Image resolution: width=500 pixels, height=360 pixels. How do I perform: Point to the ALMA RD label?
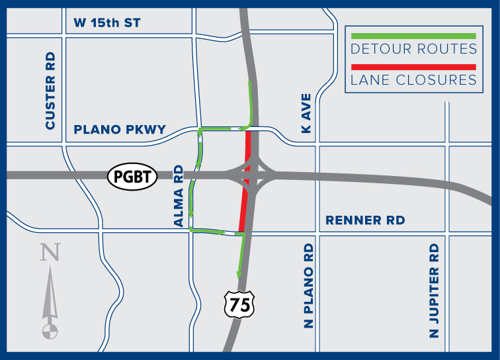coord(179,197)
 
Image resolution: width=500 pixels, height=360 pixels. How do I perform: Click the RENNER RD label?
coord(365,220)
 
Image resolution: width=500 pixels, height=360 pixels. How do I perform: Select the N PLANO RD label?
coord(309,286)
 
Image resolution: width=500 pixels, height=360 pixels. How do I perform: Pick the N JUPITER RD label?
coord(435,291)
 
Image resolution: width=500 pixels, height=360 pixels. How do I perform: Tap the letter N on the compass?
coord(48,253)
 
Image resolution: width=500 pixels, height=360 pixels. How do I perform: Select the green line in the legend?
coord(413,36)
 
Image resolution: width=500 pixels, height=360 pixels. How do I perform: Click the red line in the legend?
coord(413,67)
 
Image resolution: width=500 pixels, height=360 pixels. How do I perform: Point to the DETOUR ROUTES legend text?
coord(413,49)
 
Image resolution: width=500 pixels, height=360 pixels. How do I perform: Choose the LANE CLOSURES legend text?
coord(413,80)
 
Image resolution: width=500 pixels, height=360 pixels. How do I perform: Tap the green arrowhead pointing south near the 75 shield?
coord(239,277)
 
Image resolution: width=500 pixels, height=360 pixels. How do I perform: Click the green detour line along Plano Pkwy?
coord(222,127)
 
